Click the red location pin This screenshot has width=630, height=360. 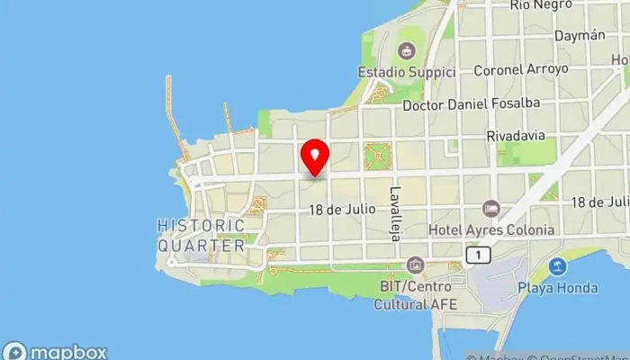315,158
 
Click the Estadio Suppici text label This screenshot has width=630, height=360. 406,71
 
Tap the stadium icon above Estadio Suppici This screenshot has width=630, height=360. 407,49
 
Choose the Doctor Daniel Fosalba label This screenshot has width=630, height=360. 472,103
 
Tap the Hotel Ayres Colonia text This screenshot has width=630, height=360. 491,229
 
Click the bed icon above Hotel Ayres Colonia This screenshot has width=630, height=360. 490,209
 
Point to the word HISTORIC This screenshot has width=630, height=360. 201,225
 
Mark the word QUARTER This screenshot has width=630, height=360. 202,245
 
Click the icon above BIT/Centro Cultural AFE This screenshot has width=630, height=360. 415,265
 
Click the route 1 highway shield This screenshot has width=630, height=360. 476,256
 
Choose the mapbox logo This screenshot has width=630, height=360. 56,351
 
